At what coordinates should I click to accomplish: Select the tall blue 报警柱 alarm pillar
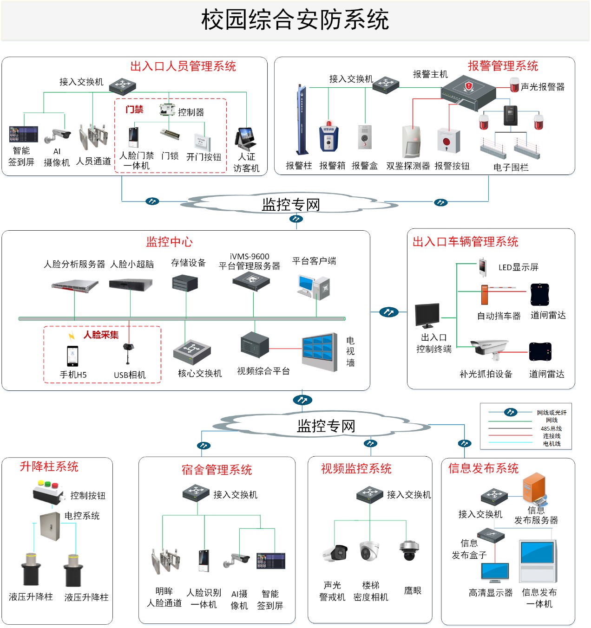pos(302,120)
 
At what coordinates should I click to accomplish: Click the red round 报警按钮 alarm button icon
pos(448,141)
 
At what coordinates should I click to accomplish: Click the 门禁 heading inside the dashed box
pos(134,110)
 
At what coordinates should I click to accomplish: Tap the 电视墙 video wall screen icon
pos(320,352)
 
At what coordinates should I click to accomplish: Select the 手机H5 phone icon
pos(72,356)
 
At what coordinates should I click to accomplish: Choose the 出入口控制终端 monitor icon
pos(427,316)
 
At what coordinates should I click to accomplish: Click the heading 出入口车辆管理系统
pos(465,241)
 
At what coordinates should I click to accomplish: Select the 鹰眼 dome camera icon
pos(409,550)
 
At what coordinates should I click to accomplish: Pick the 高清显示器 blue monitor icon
pos(495,573)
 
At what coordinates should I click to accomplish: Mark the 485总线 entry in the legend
pos(551,428)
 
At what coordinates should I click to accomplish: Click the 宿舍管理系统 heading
pos(217,470)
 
